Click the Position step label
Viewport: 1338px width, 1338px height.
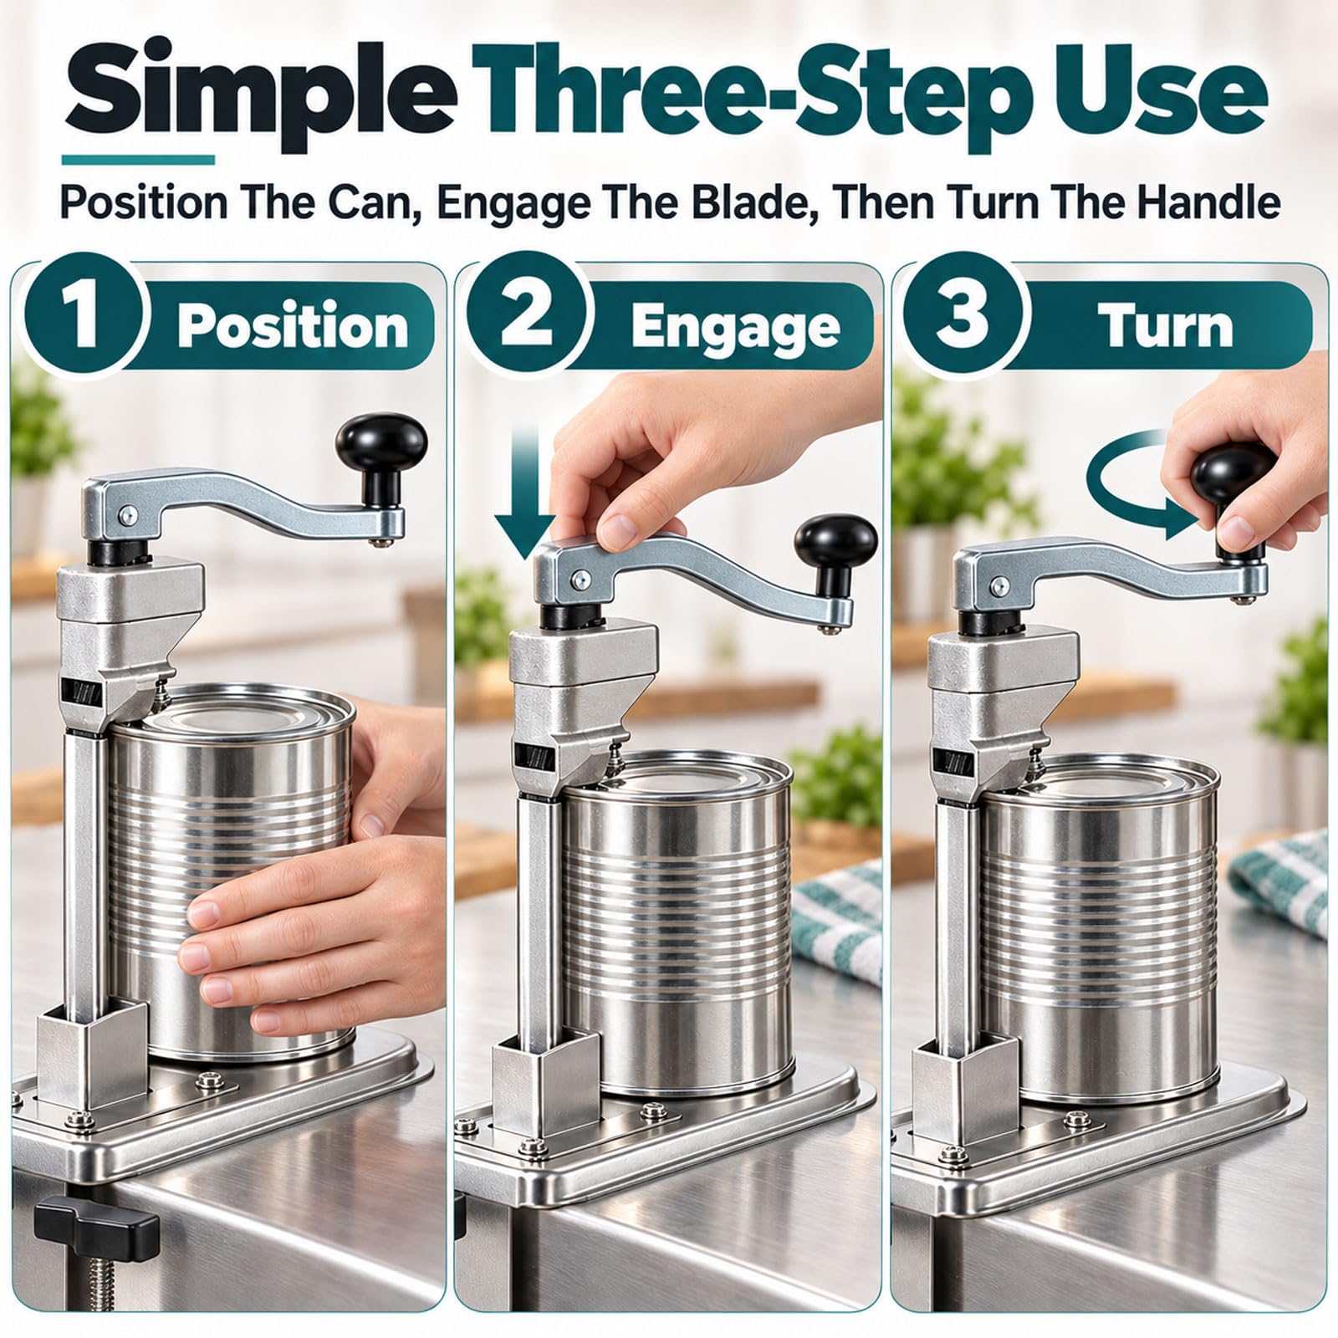point(293,326)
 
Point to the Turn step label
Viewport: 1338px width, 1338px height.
point(1167,326)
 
